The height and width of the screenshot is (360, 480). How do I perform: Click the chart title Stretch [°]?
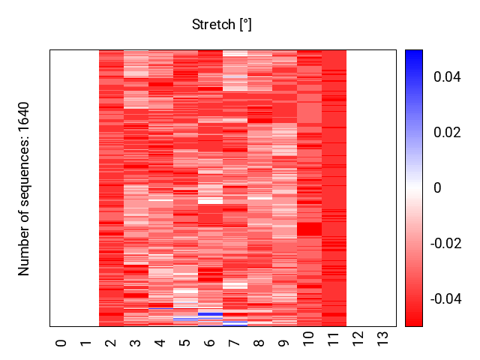221,25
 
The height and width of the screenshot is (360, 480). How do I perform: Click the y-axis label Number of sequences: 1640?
25,188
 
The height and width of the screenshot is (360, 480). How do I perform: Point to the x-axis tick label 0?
61,343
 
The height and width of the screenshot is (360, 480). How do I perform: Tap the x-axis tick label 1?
86,343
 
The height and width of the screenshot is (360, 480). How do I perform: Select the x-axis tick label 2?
111,343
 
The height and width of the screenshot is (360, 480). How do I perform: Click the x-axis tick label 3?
136,343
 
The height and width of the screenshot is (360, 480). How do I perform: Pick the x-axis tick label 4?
160,343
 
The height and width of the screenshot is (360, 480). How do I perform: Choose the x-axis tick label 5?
185,343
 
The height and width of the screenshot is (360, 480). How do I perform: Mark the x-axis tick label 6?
210,343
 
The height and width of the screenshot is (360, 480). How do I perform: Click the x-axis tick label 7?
235,343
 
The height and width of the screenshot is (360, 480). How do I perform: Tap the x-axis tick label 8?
259,343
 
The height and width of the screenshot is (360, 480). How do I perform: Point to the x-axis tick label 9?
284,343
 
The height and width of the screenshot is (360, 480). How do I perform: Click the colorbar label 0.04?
447,77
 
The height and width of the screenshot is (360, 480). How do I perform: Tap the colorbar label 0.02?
447,133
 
